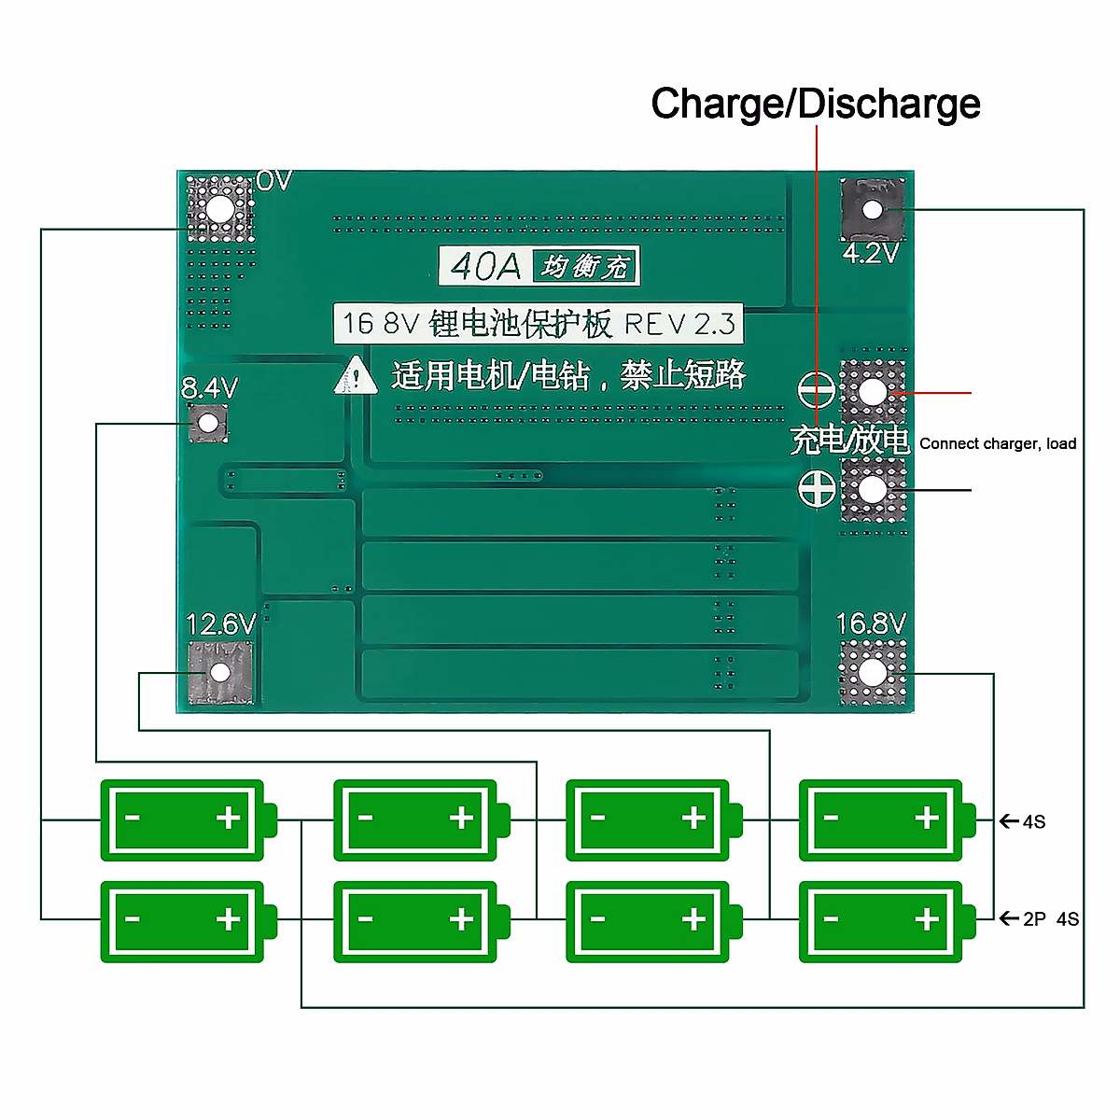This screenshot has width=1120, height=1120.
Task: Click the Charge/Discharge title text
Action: click(x=815, y=104)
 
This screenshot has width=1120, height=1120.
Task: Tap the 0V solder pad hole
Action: click(x=219, y=209)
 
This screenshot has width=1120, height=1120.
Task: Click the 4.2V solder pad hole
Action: click(x=872, y=210)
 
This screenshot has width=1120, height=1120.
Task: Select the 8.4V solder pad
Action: click(x=207, y=424)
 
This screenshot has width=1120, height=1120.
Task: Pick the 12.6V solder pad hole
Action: click(x=220, y=672)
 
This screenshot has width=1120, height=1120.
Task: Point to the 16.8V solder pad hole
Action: click(x=872, y=672)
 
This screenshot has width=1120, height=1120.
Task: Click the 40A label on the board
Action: click(x=485, y=267)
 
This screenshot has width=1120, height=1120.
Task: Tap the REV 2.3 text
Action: click(x=679, y=324)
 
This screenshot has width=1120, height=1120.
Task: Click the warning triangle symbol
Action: click(x=356, y=376)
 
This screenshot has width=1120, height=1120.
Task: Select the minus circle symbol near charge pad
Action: click(x=817, y=390)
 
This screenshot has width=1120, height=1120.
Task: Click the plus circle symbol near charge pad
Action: click(x=817, y=489)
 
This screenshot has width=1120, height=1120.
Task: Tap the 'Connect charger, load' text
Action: click(x=998, y=443)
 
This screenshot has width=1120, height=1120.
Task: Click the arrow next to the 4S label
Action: click(x=1008, y=821)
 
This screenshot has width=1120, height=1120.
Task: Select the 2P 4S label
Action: click(x=1051, y=919)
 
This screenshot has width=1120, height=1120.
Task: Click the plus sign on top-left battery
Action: click(x=229, y=819)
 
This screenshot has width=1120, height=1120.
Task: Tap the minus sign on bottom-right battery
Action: click(x=831, y=919)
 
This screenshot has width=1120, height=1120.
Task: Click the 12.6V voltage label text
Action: click(x=220, y=623)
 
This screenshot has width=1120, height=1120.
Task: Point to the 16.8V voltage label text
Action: click(x=871, y=623)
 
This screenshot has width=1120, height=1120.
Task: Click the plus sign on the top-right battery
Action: click(x=927, y=819)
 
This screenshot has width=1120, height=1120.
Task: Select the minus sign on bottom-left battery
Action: click(x=133, y=919)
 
